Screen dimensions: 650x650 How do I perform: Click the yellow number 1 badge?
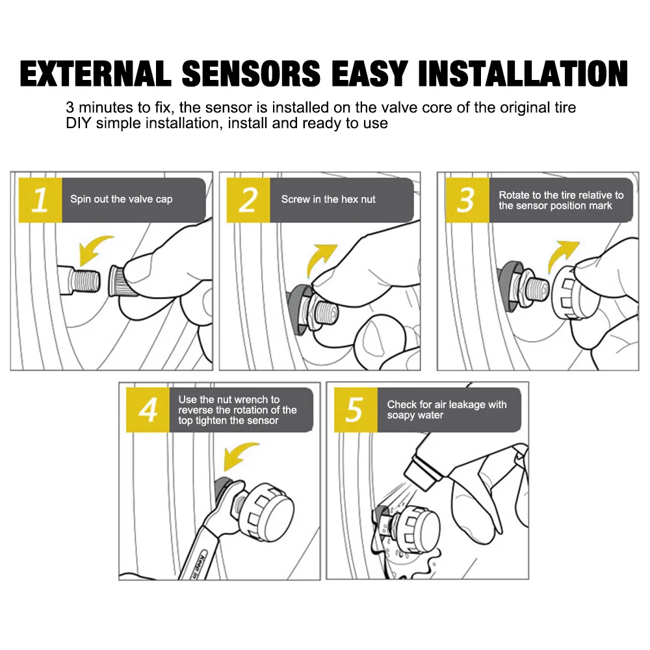point(40,200)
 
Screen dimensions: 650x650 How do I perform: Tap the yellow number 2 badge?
point(248,200)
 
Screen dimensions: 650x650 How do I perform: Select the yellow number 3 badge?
point(465,200)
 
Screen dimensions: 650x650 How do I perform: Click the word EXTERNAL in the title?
point(96,73)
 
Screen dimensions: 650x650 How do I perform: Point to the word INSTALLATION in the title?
point(523,73)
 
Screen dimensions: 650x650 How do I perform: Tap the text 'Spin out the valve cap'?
point(122,199)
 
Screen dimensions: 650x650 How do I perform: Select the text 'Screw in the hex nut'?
point(328,199)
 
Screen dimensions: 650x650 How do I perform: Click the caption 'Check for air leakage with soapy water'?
point(447,409)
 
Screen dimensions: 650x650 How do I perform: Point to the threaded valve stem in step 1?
point(81,279)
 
